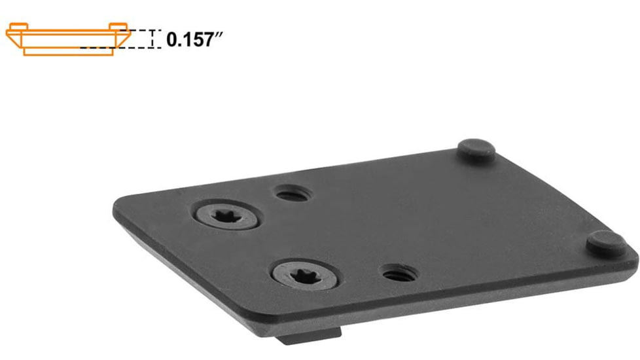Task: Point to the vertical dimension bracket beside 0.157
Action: [154, 39]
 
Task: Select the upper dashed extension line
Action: [140, 30]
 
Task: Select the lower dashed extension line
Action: [118, 48]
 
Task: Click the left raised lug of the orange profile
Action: [18, 26]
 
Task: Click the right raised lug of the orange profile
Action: [118, 26]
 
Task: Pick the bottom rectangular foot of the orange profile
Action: [68, 50]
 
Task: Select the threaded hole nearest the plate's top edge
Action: [286, 193]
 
